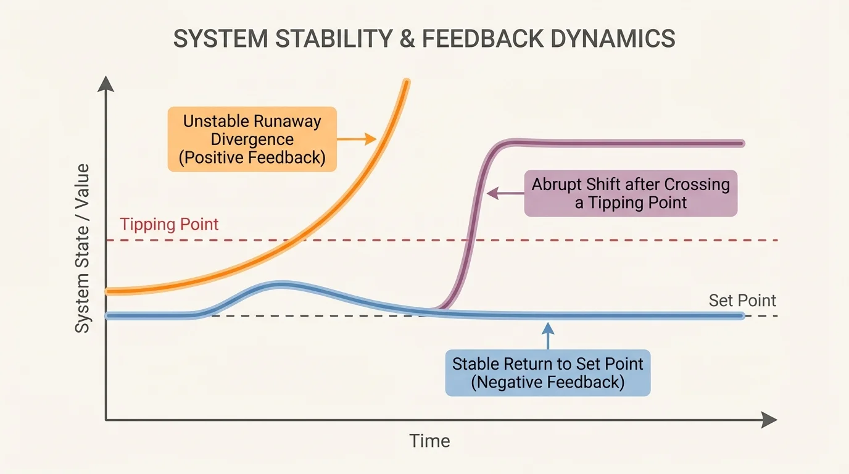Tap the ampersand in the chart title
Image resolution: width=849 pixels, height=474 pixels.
pos(402,38)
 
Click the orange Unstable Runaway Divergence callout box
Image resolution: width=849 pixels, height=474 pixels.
pos(252,139)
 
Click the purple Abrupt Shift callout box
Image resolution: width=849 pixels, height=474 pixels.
pos(631,193)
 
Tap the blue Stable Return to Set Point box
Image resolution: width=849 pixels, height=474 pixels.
pos(547,373)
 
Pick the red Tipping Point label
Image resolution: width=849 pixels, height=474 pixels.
pos(169,224)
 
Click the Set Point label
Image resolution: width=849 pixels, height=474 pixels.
pos(742,301)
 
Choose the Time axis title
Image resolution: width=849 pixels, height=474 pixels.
pos(429,441)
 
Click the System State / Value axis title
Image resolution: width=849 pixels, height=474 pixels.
pos(83,248)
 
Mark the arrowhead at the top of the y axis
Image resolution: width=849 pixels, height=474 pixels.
pos(106,83)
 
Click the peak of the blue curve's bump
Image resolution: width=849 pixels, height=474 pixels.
pos(281,285)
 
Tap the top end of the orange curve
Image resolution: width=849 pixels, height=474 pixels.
pos(406,81)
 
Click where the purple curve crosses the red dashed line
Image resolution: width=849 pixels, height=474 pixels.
pos(471,240)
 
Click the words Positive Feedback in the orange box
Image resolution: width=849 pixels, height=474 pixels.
pos(252,157)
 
